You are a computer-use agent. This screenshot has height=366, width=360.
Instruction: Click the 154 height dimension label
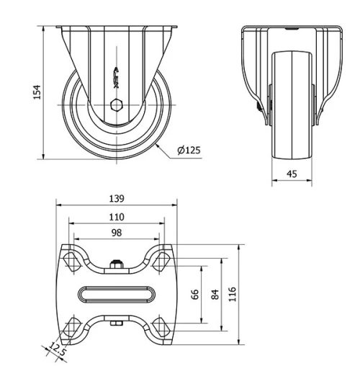[x=37, y=92]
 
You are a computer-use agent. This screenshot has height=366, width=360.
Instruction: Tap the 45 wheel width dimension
[x=292, y=173]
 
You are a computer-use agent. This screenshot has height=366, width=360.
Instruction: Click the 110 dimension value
[x=117, y=217]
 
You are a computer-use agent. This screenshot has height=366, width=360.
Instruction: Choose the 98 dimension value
[x=117, y=233]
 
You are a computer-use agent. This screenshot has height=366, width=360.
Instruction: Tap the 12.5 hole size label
[x=57, y=350]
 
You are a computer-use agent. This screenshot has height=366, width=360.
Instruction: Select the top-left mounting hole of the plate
[x=72, y=259]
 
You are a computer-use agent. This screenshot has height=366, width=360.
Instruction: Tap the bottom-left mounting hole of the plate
[x=72, y=329]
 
